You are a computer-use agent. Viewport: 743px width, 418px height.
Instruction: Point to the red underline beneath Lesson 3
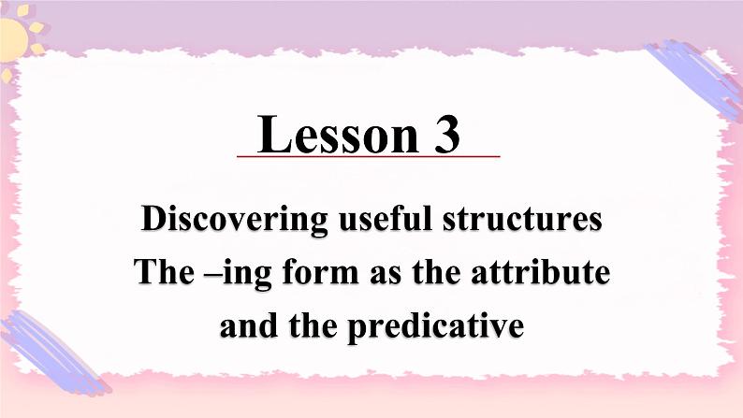click(x=369, y=156)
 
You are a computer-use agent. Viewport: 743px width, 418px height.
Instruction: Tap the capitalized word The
click(x=162, y=273)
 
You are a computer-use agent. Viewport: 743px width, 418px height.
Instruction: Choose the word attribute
click(x=544, y=273)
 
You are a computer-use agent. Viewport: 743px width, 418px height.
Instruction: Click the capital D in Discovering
click(x=153, y=221)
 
